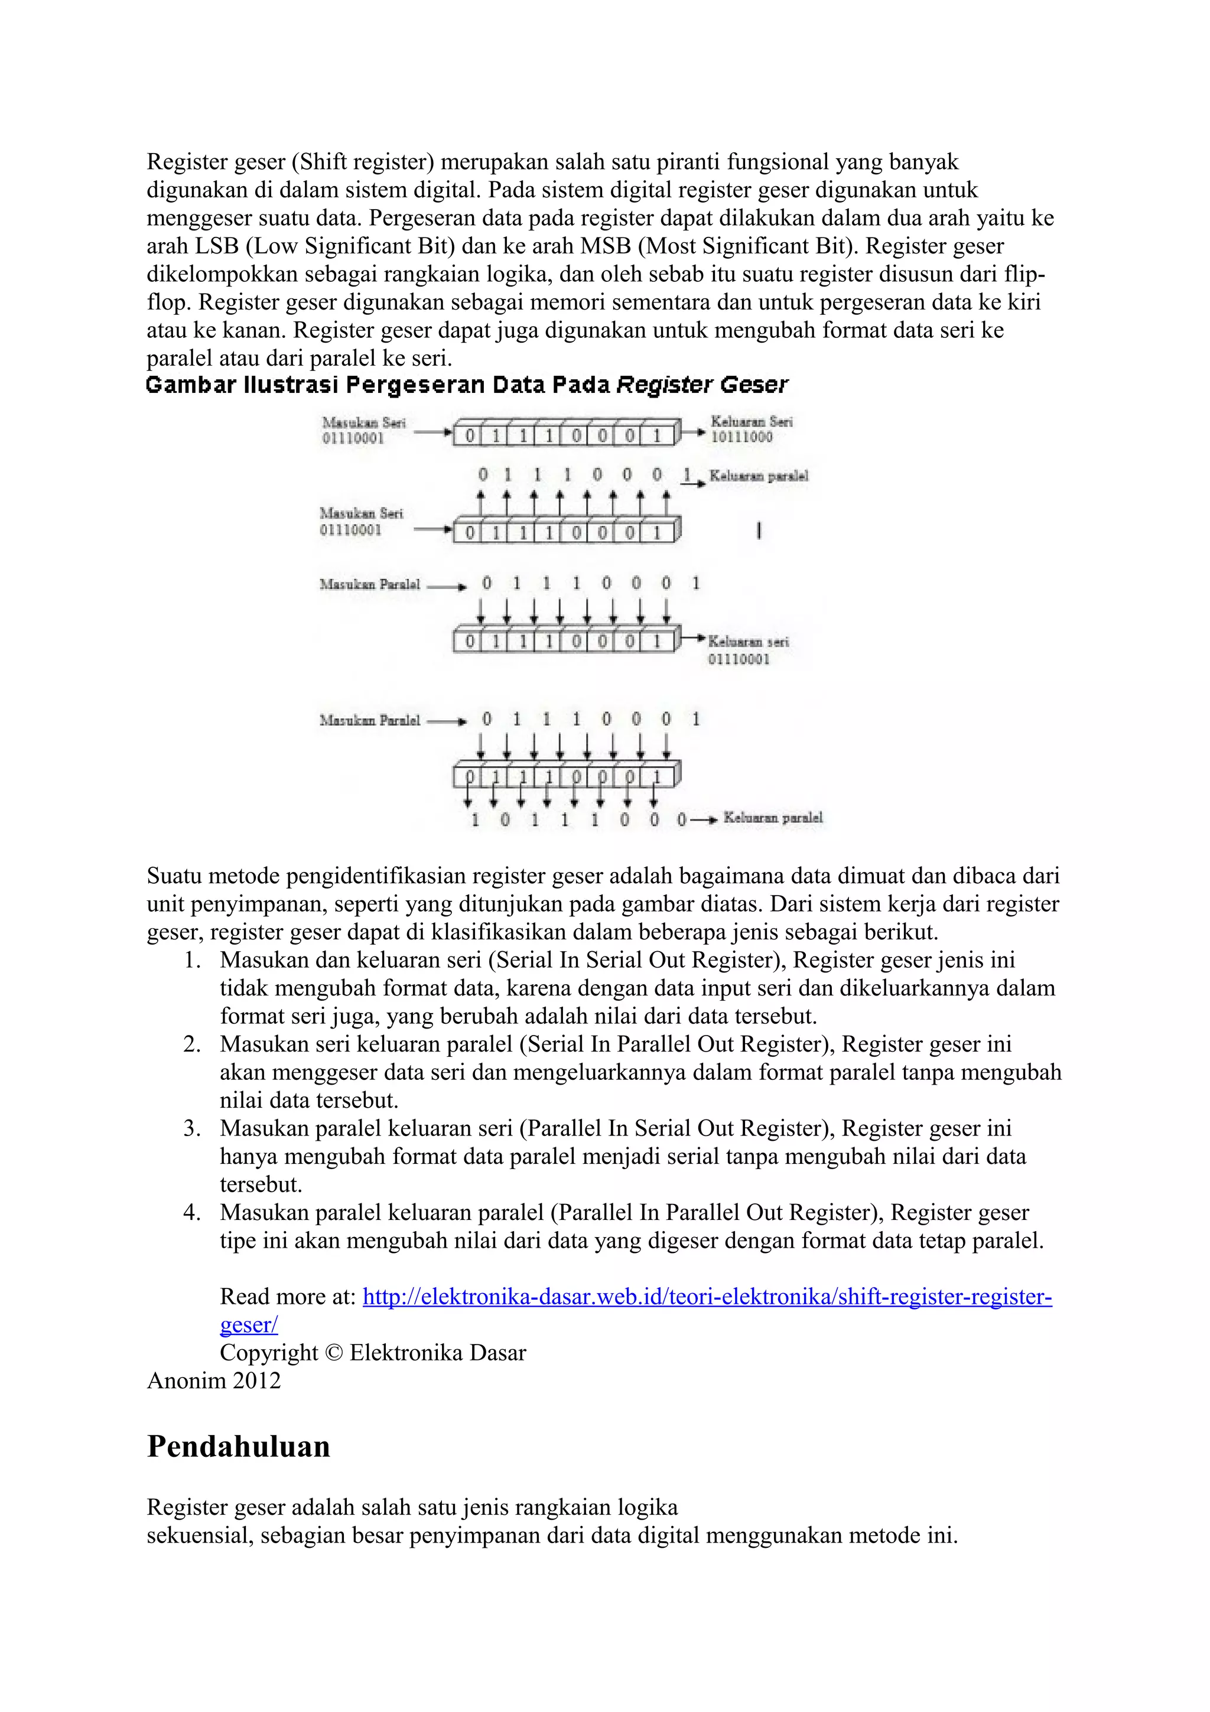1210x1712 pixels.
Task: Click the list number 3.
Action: tap(193, 1129)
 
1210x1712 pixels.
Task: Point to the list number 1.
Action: tap(193, 961)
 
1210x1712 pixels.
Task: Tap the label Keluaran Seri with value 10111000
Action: tap(751, 429)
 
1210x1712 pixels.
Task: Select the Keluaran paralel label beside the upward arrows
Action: tap(758, 476)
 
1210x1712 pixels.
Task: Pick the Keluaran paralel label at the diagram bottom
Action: tap(773, 818)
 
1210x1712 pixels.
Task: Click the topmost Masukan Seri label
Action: tap(364, 429)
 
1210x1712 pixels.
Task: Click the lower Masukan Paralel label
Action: tap(370, 720)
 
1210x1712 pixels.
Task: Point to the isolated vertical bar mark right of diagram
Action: tap(759, 531)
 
